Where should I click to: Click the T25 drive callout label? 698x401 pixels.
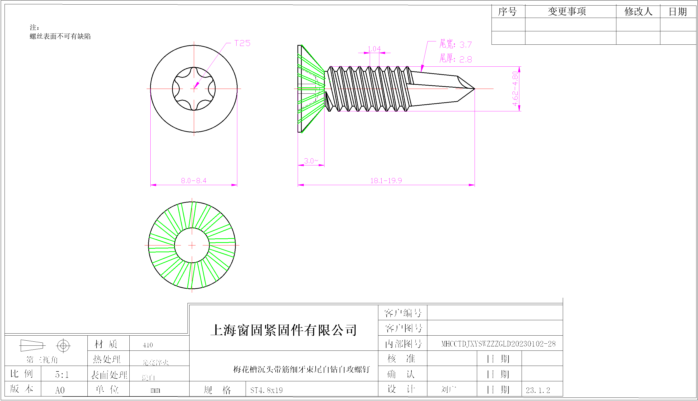(x=242, y=43)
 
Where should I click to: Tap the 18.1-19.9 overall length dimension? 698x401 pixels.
(x=386, y=181)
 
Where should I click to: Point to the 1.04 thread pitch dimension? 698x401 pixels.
(x=374, y=49)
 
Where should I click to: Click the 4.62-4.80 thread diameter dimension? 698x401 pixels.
(x=515, y=89)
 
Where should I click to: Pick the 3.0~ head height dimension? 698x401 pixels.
(x=311, y=161)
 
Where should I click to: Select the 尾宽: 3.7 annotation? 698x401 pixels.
(x=455, y=44)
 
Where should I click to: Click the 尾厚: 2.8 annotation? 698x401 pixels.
(x=455, y=59)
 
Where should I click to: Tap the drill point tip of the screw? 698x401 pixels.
(x=474, y=89)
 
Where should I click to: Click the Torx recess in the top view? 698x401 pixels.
(x=194, y=89)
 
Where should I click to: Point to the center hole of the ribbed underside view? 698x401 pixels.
(x=192, y=245)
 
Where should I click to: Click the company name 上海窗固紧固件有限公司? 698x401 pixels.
(x=284, y=330)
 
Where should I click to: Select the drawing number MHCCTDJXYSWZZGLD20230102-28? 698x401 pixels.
(x=498, y=344)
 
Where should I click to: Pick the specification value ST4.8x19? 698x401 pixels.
(x=266, y=390)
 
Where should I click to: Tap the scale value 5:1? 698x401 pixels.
(x=62, y=374)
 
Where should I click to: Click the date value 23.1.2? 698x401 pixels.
(x=538, y=390)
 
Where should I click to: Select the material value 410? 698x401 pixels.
(x=148, y=345)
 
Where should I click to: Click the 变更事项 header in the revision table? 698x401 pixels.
(x=567, y=12)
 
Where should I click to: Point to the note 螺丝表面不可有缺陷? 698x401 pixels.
(x=60, y=36)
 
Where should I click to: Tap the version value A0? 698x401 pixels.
(x=60, y=390)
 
